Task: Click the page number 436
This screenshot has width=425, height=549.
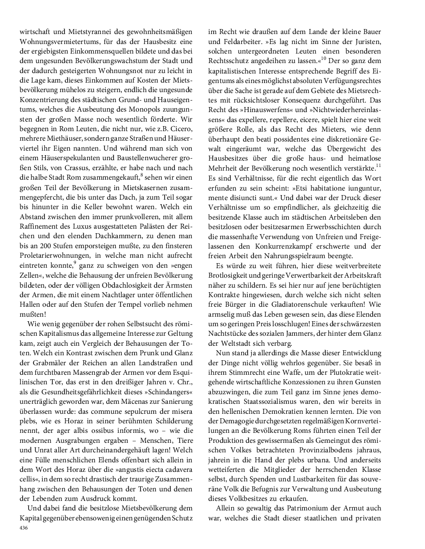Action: [24, 528]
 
